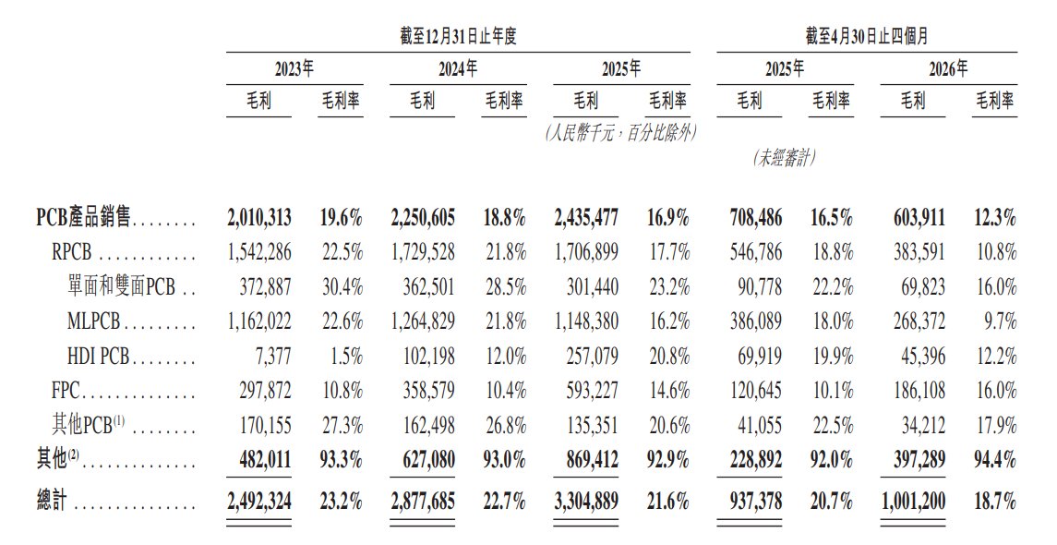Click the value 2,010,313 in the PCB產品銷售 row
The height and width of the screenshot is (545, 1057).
tap(259, 218)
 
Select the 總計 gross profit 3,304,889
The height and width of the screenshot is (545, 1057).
tap(586, 502)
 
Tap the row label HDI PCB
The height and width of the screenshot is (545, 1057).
tap(99, 357)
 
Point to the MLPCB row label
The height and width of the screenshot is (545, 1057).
tap(93, 321)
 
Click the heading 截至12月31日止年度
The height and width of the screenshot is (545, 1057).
tap(459, 36)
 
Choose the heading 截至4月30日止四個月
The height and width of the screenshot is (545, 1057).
tap(867, 36)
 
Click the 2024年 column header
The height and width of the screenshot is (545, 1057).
tap(458, 68)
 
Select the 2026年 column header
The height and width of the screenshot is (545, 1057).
tap(948, 68)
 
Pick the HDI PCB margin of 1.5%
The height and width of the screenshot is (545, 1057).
tap(346, 357)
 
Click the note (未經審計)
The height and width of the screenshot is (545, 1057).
tap(784, 159)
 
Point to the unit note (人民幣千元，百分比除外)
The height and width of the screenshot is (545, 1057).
tap(621, 133)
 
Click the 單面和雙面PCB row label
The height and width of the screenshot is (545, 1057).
tap(122, 286)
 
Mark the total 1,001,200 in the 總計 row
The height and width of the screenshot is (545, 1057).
tap(913, 502)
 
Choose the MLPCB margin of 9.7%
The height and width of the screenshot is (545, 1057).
tap(1001, 321)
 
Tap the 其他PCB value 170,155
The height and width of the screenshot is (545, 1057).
tap(266, 426)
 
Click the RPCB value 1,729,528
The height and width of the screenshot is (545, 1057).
tap(423, 252)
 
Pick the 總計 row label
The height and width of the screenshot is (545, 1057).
tap(52, 502)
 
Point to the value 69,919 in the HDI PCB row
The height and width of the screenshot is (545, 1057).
tap(760, 357)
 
